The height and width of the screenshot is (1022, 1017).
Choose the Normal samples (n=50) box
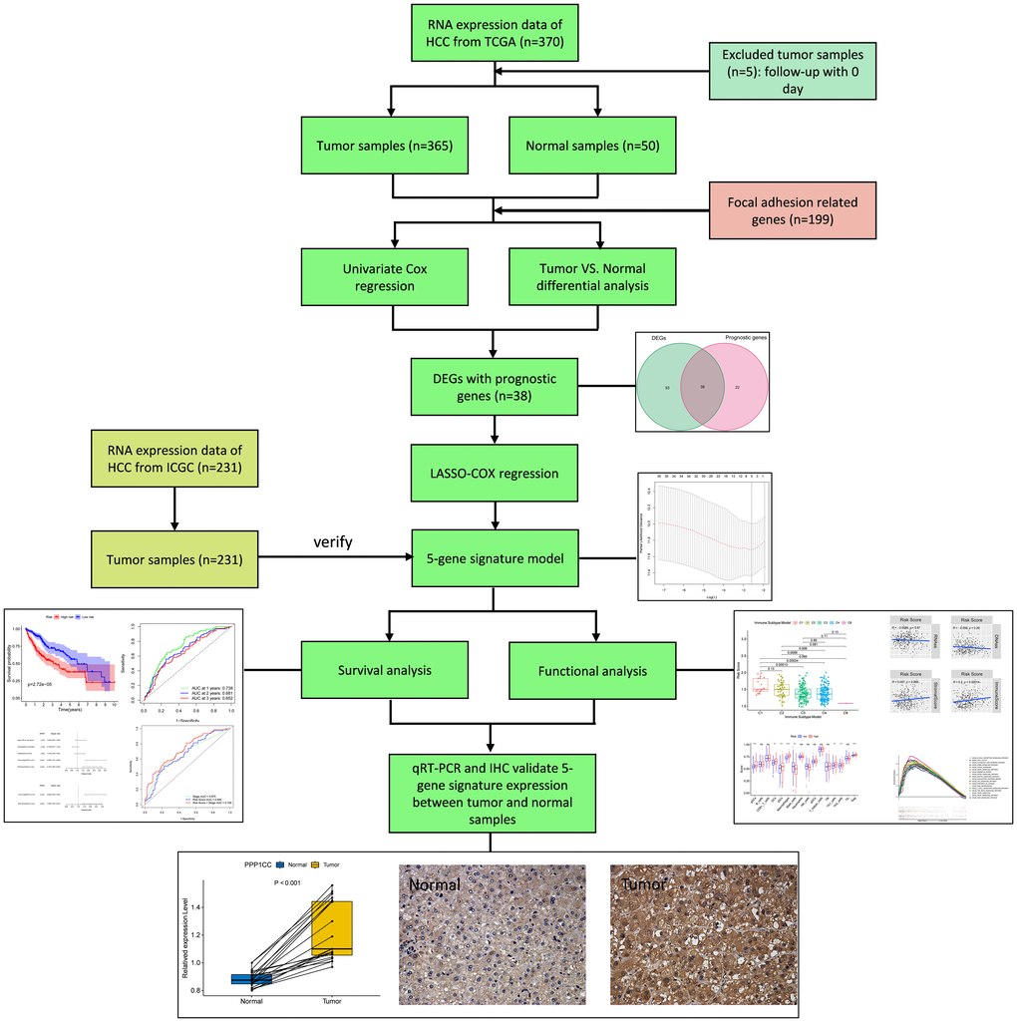click(x=591, y=146)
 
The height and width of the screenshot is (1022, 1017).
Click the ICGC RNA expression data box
click(x=173, y=457)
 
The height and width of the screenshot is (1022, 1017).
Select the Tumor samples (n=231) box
click(x=173, y=558)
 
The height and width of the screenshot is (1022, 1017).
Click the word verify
click(x=334, y=544)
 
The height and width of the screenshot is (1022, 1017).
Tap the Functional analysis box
click(x=591, y=670)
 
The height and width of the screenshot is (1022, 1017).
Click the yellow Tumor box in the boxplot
click(x=332, y=927)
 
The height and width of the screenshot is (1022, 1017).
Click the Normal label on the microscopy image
click(x=434, y=884)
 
